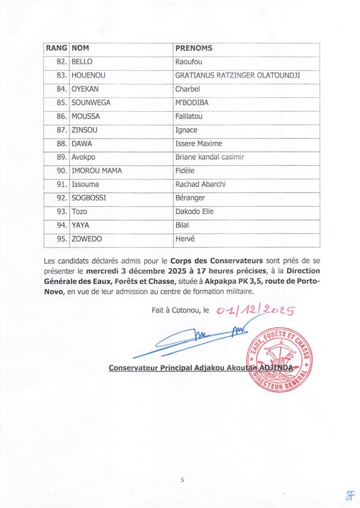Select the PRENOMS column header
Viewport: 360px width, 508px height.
tap(194, 48)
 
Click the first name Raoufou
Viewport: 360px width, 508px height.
tap(189, 62)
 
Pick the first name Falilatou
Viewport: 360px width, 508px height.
tap(189, 117)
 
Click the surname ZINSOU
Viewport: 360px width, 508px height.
tap(84, 130)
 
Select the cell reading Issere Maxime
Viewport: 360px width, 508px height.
tap(199, 144)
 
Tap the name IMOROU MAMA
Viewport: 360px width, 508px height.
tap(97, 171)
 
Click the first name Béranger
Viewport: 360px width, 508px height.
tap(190, 198)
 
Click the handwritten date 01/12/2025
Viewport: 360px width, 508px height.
tap(255, 311)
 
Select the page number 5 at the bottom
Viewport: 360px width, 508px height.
tap(182, 480)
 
